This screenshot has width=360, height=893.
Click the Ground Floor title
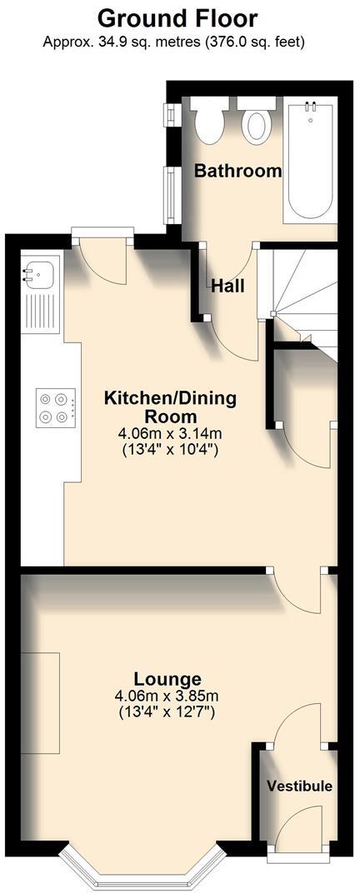pyautogui.click(x=177, y=18)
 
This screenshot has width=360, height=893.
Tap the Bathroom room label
pyautogui.click(x=237, y=172)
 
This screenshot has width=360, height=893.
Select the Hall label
pyautogui.click(x=227, y=286)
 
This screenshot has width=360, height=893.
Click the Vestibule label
pyautogui.click(x=299, y=786)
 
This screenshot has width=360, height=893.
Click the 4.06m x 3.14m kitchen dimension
pyautogui.click(x=170, y=434)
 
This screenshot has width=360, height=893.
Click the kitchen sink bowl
pyautogui.click(x=39, y=271)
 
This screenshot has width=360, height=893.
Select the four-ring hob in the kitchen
pyautogui.click(x=54, y=408)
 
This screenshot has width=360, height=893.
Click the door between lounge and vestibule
pyautogui.click(x=296, y=725)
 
